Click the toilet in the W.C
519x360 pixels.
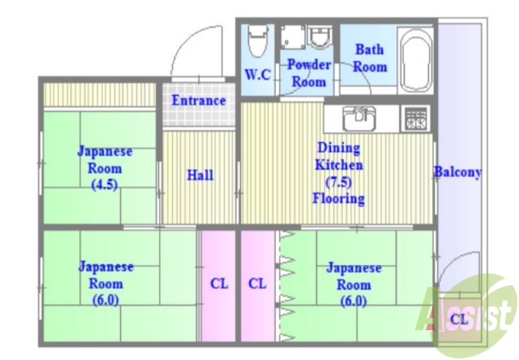pos(258,41)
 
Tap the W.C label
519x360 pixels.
pos(258,75)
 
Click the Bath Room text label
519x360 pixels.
pos(369,58)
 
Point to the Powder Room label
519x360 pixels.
pos(309,73)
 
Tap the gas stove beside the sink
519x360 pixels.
pos(416,118)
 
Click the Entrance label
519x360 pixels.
pos(199,101)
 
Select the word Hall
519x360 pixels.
pos(200,175)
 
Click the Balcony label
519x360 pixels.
pos(457,173)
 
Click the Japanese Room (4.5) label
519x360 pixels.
pos(104,167)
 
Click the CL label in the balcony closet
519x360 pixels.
pos(459,319)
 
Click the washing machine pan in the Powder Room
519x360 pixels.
pos(293,37)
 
